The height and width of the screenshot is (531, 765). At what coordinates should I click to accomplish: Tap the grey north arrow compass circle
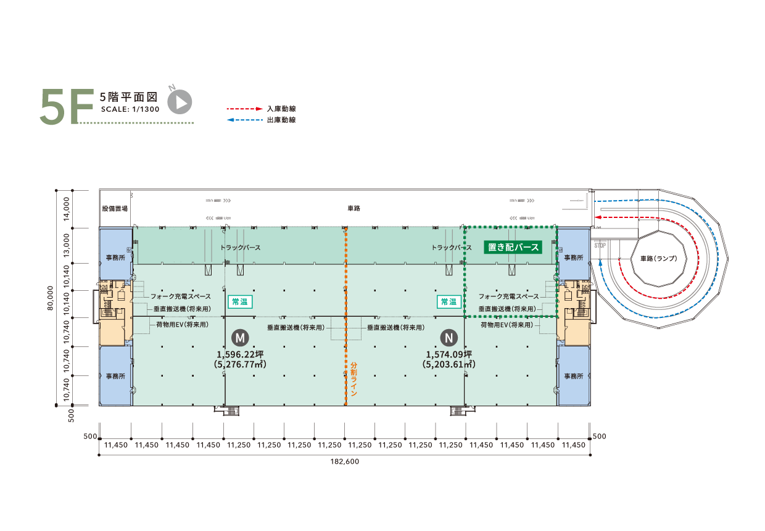pos(180,102)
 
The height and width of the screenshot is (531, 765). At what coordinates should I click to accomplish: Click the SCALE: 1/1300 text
pos(130,109)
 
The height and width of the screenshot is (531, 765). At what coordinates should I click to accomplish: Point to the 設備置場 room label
pos(115,209)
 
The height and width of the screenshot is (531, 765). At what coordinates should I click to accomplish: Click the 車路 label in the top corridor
pos(354,209)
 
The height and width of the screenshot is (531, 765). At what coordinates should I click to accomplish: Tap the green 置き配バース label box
pos(511,248)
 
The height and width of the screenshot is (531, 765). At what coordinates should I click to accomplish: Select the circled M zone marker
pos(240,337)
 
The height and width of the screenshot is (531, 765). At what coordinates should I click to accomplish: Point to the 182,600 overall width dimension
pos(345,461)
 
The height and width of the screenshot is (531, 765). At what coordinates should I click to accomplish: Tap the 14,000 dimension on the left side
pos(66,209)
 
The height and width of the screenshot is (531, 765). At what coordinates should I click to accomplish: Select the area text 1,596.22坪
pos(240,354)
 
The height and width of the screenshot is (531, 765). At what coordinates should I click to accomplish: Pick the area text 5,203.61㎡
pos(449,365)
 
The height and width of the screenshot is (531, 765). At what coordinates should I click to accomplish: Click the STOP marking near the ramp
pos(600,245)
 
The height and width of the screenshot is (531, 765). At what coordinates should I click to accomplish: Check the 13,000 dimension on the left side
pos(66,246)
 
